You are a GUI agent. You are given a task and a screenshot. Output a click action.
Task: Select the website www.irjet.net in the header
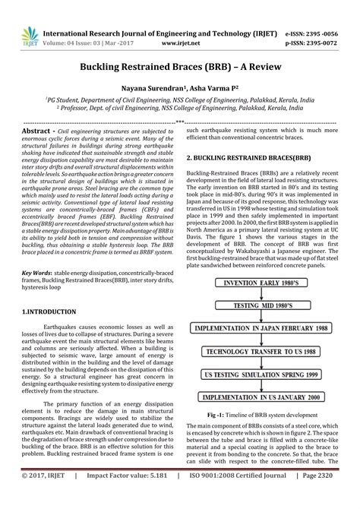coord(180,24)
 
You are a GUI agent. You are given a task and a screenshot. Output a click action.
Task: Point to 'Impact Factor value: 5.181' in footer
coord(120,497)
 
